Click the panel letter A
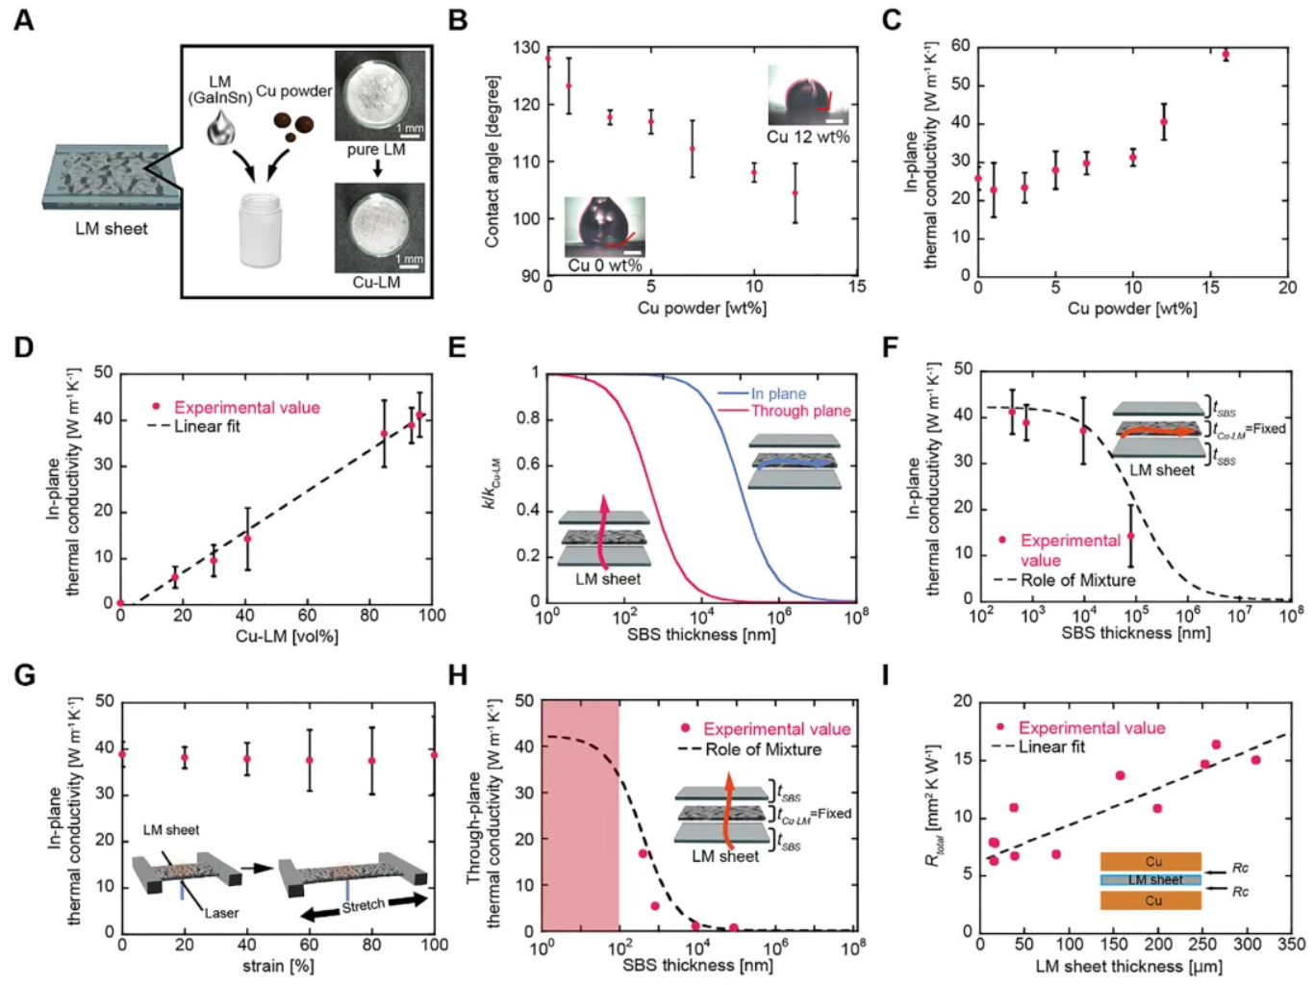(23, 19)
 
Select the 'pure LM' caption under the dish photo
(376, 150)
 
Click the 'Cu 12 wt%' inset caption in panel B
(808, 137)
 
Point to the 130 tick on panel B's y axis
(526, 47)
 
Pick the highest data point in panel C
(1226, 55)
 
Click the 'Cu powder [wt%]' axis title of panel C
(1132, 309)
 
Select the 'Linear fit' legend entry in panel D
(207, 426)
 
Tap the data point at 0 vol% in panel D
(120, 603)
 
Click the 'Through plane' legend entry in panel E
(800, 411)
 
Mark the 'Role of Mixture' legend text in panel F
(1077, 580)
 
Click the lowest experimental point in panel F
(1130, 536)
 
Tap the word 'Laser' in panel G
(221, 913)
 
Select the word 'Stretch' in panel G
(364, 905)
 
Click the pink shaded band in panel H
(580, 816)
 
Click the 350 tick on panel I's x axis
(1291, 945)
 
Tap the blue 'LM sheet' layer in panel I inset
(1151, 879)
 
